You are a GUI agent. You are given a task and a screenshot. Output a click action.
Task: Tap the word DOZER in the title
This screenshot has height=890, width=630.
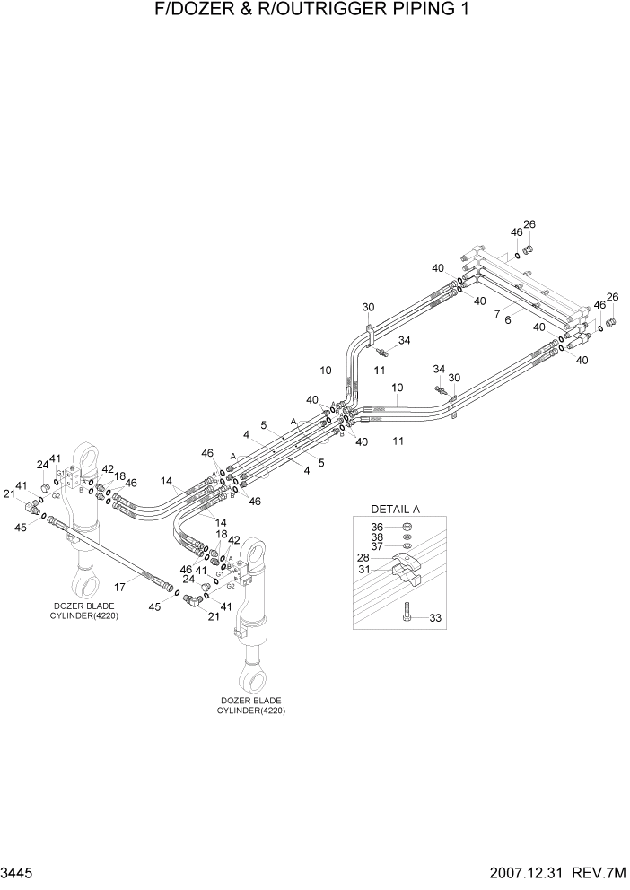pyautogui.click(x=199, y=11)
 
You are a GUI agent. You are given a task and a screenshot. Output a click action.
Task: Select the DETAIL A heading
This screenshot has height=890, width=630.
pyautogui.click(x=395, y=509)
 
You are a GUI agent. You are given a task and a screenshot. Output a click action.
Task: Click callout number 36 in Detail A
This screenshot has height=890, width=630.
pyautogui.click(x=377, y=527)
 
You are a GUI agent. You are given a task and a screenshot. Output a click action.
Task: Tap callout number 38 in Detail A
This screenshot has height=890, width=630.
pyautogui.click(x=377, y=538)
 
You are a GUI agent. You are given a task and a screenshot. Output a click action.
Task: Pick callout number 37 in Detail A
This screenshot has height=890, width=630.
pyautogui.click(x=377, y=548)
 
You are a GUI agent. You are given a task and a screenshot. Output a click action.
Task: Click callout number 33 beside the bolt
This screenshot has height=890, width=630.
pyautogui.click(x=435, y=618)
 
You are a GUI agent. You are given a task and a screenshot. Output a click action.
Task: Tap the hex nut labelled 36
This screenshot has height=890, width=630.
pyautogui.click(x=406, y=528)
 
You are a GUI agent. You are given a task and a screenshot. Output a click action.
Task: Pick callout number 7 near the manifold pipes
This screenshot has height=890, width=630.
pyautogui.click(x=496, y=315)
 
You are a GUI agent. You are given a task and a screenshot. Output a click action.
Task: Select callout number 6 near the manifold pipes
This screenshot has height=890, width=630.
pyautogui.click(x=508, y=319)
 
